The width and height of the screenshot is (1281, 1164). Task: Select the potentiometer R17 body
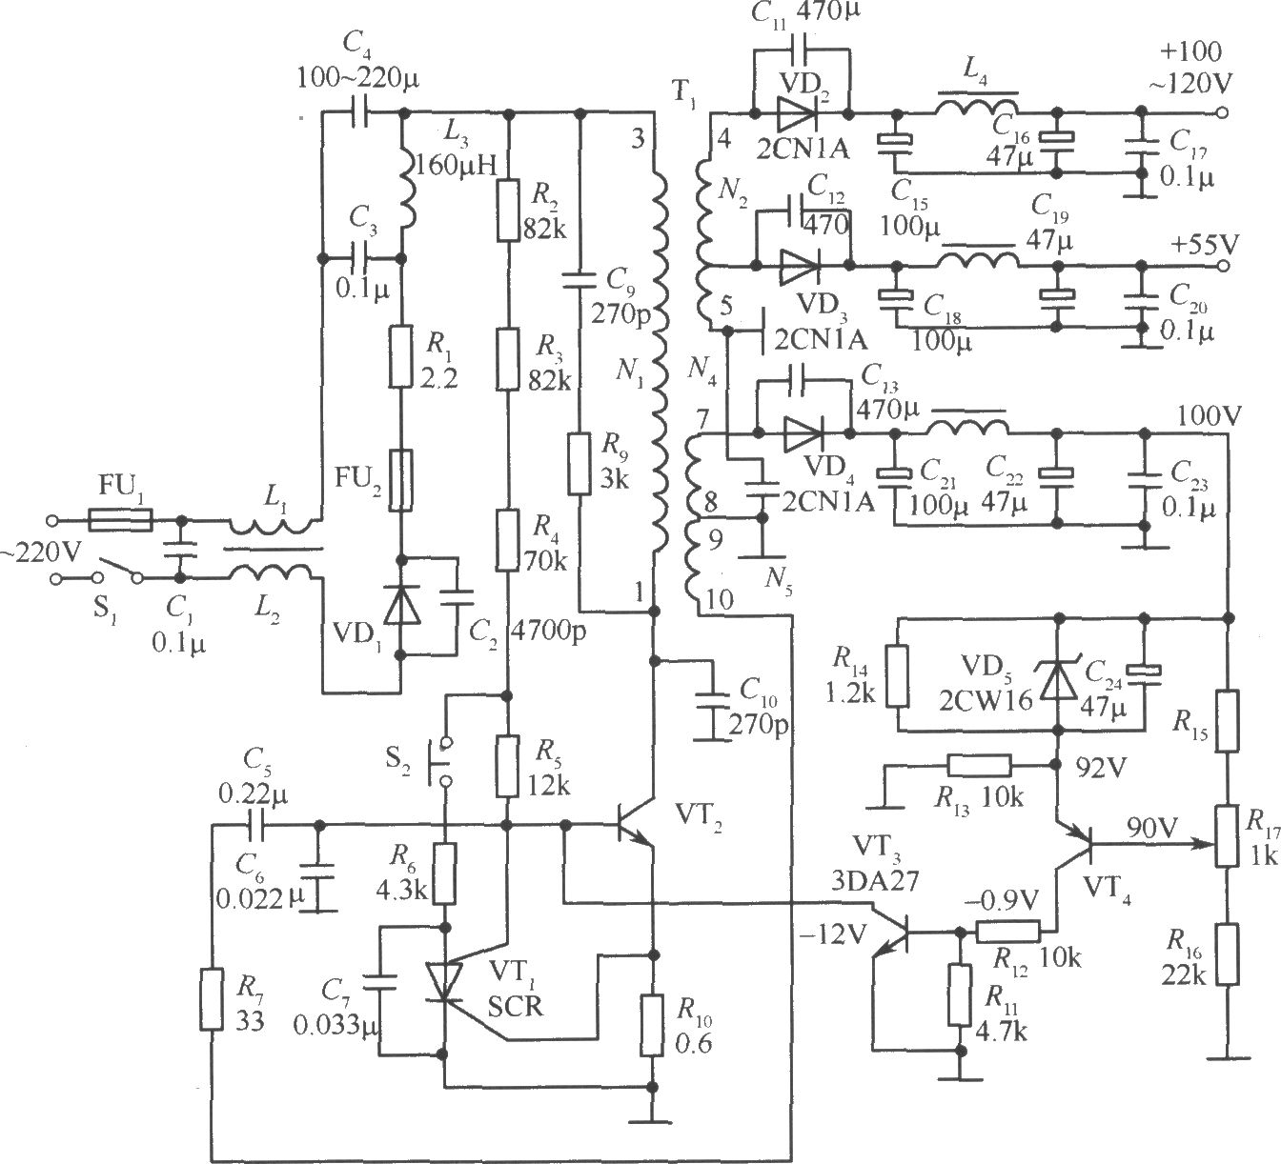[1227, 836]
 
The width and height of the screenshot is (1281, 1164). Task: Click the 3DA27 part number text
[875, 881]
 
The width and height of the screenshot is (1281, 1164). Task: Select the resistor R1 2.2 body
[401, 357]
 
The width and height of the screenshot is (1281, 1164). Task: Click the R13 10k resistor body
[979, 765]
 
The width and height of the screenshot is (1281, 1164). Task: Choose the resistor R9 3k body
[579, 463]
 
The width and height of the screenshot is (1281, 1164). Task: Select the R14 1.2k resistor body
[898, 675]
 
